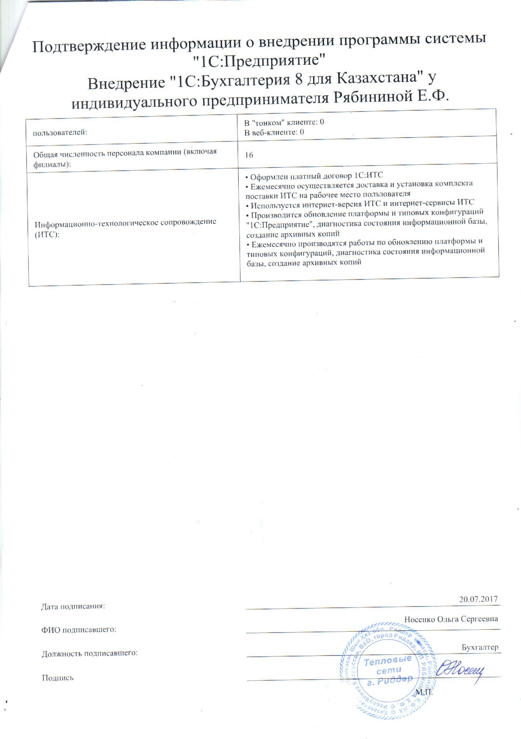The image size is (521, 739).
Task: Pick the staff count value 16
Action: point(249,155)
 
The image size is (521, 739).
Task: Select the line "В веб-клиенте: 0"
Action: point(274,132)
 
